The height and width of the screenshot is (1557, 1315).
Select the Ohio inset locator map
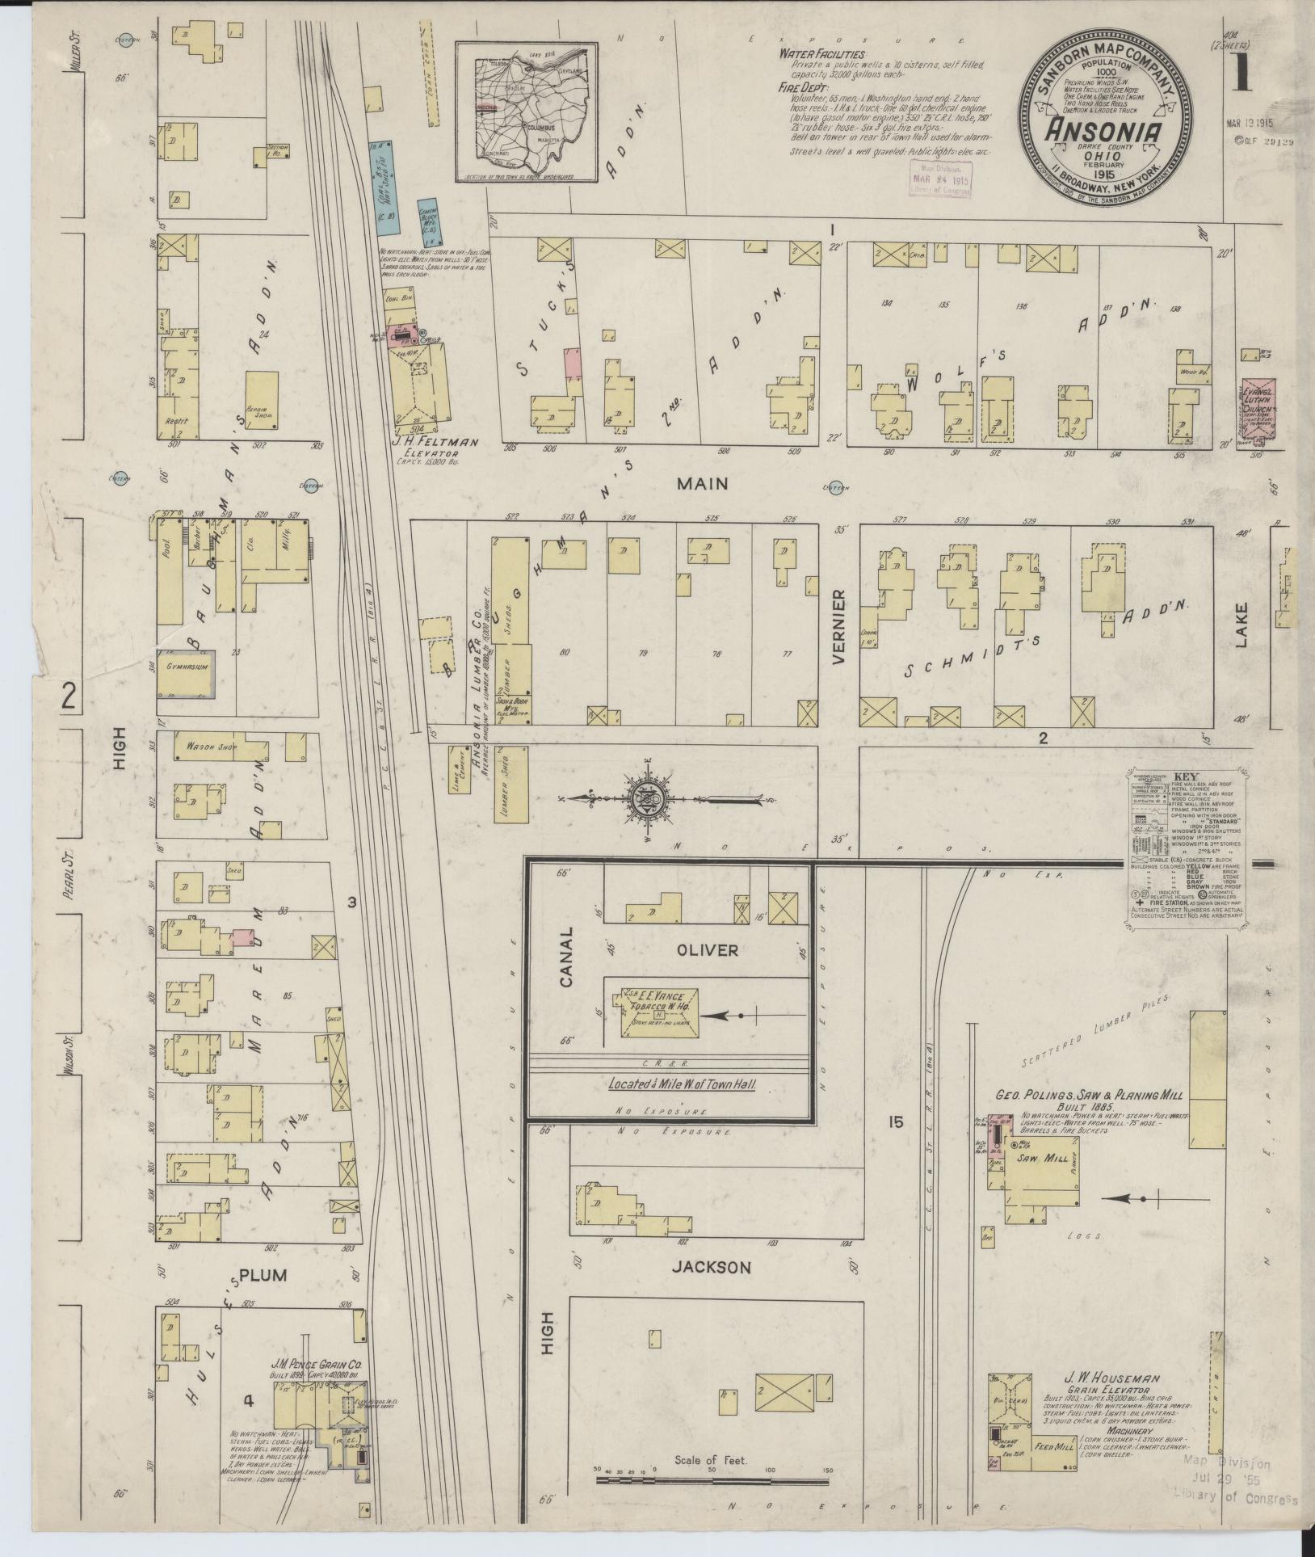526,112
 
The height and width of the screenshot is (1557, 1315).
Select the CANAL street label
565,957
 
